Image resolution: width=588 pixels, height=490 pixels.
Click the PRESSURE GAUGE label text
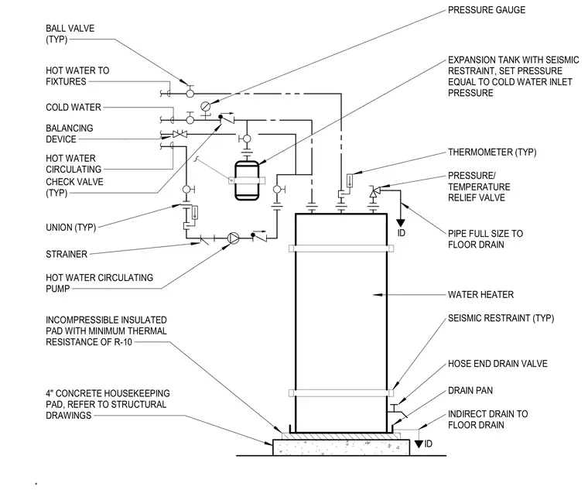tap(487, 10)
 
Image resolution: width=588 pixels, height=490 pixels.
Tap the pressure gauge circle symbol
tap(206, 106)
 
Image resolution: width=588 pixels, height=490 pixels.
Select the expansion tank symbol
tap(247, 180)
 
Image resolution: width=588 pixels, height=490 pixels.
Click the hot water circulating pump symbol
tap(233, 238)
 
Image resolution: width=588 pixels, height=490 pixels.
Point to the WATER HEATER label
tap(480, 294)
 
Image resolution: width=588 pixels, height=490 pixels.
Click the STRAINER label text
tap(67, 254)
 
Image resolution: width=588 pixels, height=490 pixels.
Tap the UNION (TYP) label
tap(71, 228)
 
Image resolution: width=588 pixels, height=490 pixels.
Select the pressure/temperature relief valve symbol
tap(374, 192)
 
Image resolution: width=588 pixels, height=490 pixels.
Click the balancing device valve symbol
tap(179, 134)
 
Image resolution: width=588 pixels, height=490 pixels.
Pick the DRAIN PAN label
tap(470, 391)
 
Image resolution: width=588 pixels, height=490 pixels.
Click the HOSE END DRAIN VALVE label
tap(497, 364)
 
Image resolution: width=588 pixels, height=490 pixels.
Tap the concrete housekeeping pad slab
tap(341, 447)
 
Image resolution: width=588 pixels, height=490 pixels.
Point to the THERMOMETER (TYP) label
tap(492, 152)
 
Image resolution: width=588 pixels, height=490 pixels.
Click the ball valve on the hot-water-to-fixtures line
tap(190, 91)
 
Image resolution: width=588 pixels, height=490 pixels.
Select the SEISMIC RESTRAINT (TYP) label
tap(501, 318)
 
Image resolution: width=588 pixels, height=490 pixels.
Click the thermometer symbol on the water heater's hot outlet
tap(350, 181)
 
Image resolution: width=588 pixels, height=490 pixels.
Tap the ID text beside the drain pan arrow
tap(429, 444)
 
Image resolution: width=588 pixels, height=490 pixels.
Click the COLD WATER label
tap(73, 108)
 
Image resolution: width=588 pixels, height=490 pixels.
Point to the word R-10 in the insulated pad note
tap(122, 342)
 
